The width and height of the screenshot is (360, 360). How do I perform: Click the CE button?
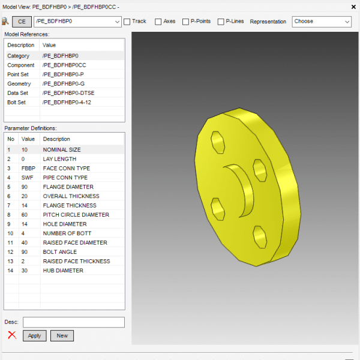[x=22, y=22]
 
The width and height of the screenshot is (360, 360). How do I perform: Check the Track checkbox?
[x=127, y=22]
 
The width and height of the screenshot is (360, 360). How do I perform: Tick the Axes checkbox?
[x=158, y=22]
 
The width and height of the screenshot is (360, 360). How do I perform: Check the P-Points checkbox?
[x=185, y=22]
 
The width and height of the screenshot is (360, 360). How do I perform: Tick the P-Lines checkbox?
[x=221, y=22]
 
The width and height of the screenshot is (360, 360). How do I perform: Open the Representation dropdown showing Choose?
[x=322, y=22]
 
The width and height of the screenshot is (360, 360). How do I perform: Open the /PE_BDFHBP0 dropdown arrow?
[x=117, y=22]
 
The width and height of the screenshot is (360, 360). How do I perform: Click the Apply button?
[x=34, y=335]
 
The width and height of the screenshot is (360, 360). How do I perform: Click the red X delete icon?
[x=12, y=335]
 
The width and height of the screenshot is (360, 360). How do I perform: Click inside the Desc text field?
[x=74, y=322]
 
